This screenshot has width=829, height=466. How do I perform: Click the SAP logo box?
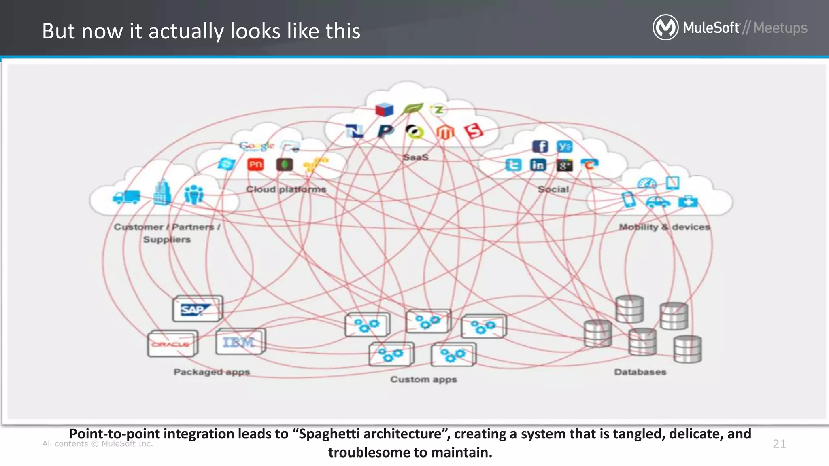197,309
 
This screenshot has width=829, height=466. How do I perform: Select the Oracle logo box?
172,344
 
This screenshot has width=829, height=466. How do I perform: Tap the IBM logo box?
240,342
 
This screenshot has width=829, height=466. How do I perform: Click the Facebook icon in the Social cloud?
540,146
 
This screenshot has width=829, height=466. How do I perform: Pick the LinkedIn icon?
538,165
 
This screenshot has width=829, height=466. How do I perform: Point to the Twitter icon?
513,165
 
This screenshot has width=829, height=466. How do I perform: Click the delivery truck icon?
126,197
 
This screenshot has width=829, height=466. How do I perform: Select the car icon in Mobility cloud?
657,201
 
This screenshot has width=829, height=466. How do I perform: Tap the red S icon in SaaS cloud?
474,131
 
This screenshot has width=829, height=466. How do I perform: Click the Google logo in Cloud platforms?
256,146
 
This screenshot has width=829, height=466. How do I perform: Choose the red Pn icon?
255,164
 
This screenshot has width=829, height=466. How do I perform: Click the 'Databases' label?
640,372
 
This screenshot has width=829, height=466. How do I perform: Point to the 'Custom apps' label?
423,379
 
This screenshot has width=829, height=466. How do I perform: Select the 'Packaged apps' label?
212,372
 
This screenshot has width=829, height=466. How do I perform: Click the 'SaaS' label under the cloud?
416,157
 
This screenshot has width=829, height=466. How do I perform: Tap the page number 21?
779,444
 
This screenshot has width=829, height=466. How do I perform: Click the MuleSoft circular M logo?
665,28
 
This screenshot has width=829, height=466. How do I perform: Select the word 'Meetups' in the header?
780,28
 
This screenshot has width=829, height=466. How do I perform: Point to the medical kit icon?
688,201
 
